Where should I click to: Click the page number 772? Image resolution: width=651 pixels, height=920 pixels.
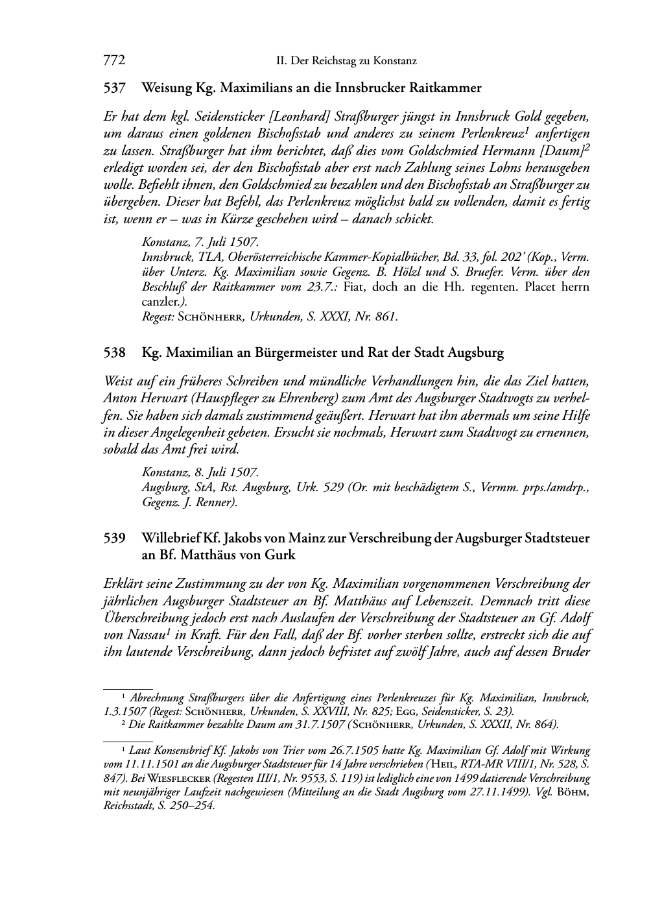coord(113,61)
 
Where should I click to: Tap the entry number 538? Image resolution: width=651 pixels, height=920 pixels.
coord(114,354)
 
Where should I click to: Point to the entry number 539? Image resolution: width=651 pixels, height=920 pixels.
coord(114,539)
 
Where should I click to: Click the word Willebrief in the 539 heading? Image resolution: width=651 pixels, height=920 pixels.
coord(171,539)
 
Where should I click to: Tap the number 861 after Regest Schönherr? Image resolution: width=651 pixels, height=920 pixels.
coord(385,317)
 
